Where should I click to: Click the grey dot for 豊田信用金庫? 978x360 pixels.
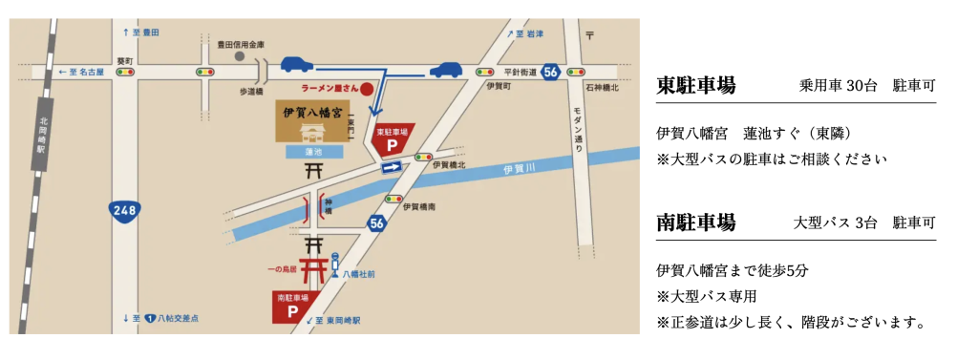(x=241, y=56)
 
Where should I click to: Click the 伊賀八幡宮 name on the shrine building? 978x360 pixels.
(x=309, y=113)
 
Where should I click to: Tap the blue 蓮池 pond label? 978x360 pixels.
(x=309, y=153)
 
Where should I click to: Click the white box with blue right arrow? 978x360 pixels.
(x=390, y=167)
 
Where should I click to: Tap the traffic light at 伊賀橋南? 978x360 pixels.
(x=393, y=199)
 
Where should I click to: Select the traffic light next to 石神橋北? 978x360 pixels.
(x=575, y=72)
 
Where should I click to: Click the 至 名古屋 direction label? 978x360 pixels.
(x=83, y=72)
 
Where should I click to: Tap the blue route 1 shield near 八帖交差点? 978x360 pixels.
(x=151, y=318)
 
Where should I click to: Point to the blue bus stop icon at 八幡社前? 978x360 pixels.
(x=335, y=260)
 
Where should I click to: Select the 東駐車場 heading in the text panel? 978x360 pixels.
(x=695, y=86)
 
